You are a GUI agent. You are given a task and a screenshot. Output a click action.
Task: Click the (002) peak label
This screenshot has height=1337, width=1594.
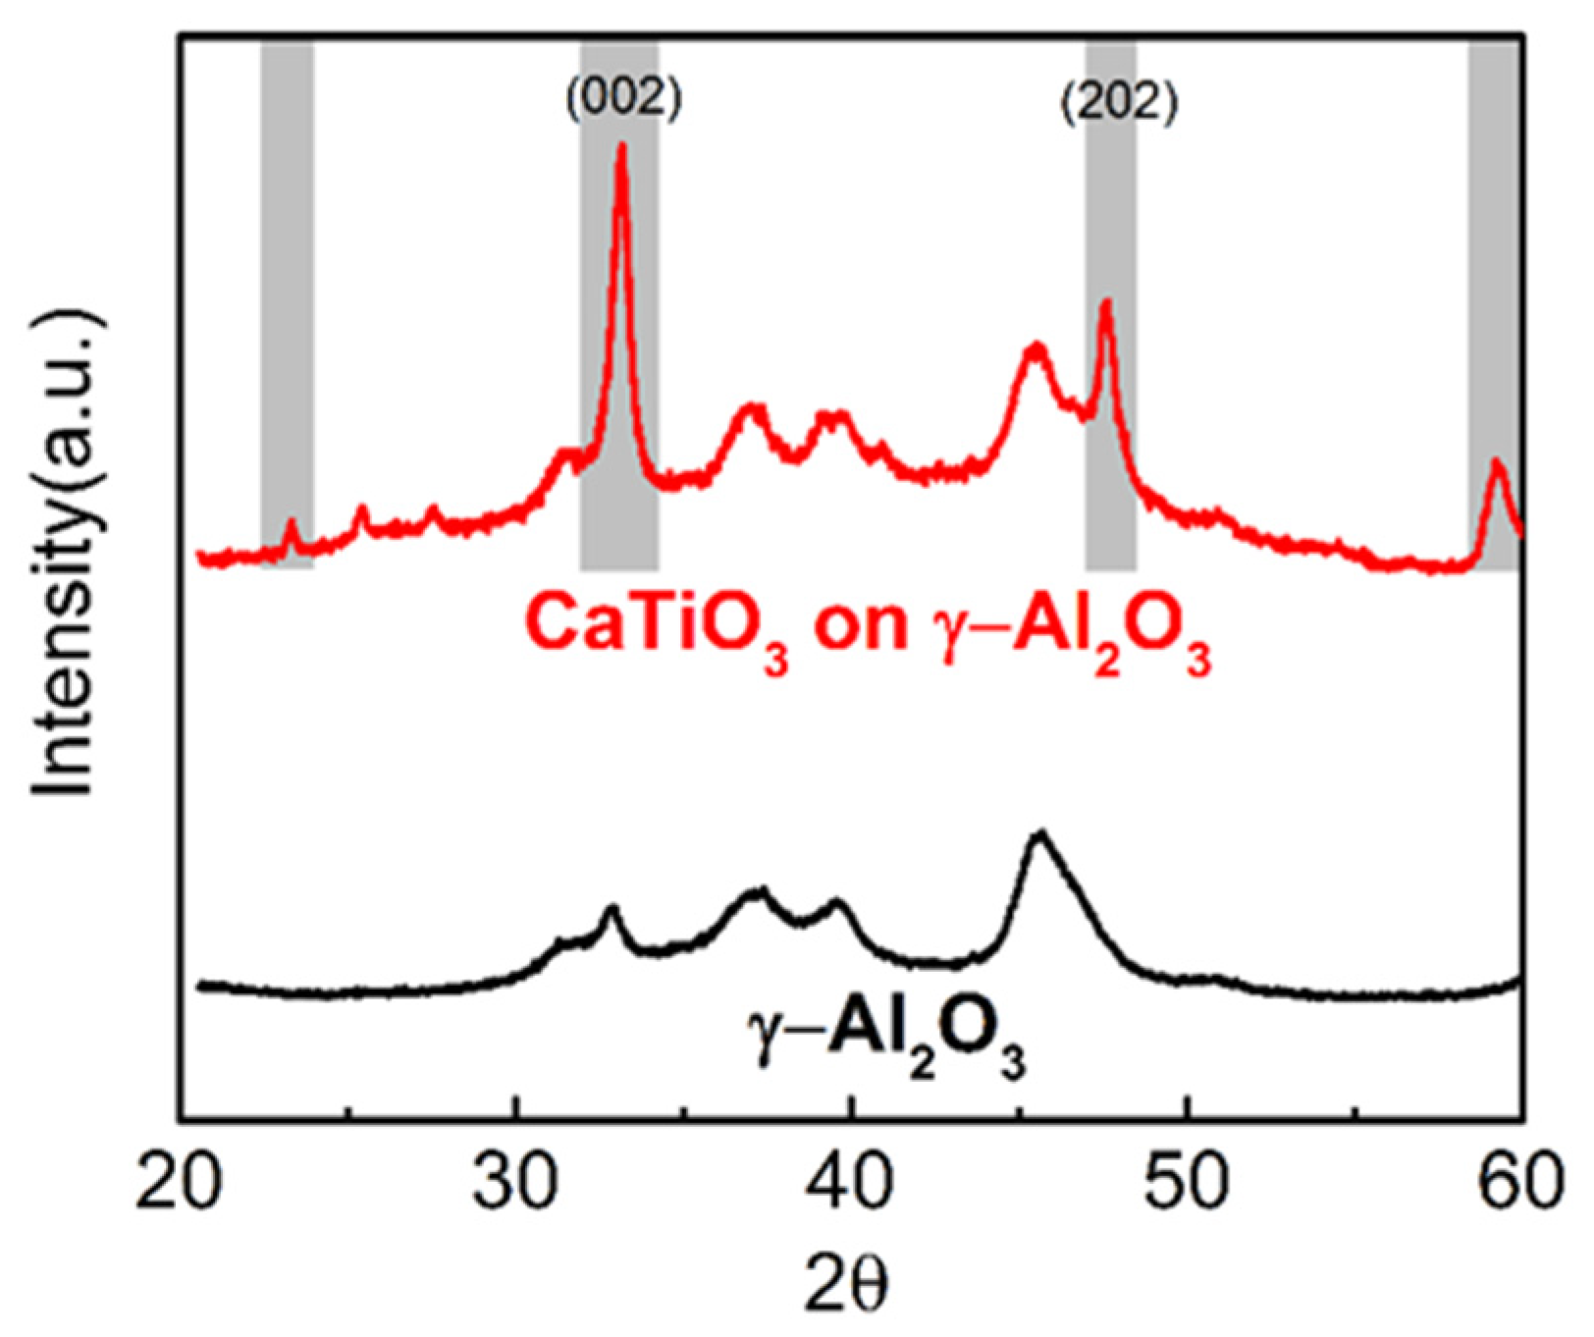pyautogui.click(x=623, y=99)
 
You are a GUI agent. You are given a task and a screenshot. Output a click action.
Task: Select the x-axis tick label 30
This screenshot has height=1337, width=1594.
pyautogui.click(x=515, y=1184)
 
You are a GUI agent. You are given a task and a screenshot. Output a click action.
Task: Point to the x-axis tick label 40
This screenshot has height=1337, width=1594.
pyautogui.click(x=850, y=1184)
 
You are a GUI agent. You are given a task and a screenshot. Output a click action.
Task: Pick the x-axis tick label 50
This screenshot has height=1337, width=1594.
pyautogui.click(x=1187, y=1184)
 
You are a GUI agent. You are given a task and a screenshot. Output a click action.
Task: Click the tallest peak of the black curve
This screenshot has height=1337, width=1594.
pyautogui.click(x=1039, y=833)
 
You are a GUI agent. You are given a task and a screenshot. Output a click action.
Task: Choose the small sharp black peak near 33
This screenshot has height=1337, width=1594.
pyautogui.click(x=611, y=908)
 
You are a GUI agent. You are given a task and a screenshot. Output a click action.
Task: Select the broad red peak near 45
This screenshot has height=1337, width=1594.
pyautogui.click(x=1035, y=346)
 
